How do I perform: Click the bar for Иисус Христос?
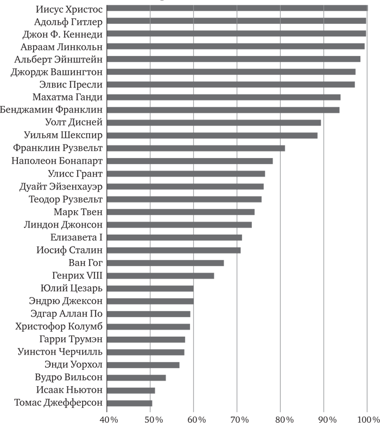[237, 8]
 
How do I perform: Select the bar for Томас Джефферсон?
[130, 403]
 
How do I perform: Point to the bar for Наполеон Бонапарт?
[190, 161]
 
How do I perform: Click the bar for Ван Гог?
[166, 263]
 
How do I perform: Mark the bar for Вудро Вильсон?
[136, 377]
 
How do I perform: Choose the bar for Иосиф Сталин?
[174, 250]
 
